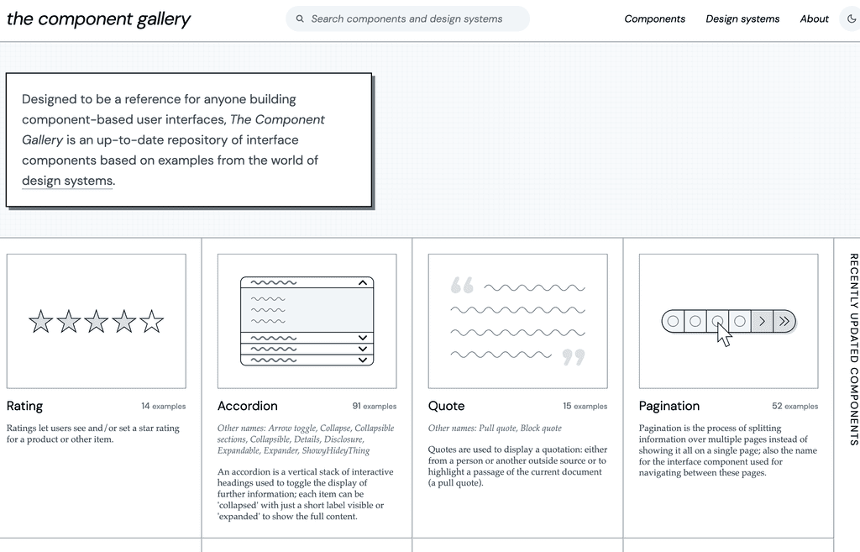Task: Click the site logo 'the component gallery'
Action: (x=98, y=18)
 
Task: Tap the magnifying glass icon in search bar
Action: (x=300, y=18)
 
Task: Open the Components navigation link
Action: (x=654, y=18)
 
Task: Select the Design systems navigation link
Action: (x=742, y=18)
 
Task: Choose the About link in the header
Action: (x=814, y=18)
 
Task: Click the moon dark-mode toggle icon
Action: (x=852, y=18)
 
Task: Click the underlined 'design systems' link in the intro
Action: (x=67, y=181)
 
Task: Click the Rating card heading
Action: (x=24, y=406)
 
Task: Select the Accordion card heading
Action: (x=247, y=406)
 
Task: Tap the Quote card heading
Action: (x=446, y=406)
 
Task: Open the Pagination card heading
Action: (x=669, y=406)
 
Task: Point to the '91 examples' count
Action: (x=374, y=407)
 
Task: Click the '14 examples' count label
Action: (x=163, y=407)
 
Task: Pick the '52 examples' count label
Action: (x=794, y=407)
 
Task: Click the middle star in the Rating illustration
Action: (x=97, y=321)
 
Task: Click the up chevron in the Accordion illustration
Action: (x=363, y=283)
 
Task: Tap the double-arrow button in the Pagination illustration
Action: (x=784, y=321)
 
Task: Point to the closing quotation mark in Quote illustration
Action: (x=573, y=358)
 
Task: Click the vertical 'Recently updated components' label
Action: (x=853, y=349)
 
